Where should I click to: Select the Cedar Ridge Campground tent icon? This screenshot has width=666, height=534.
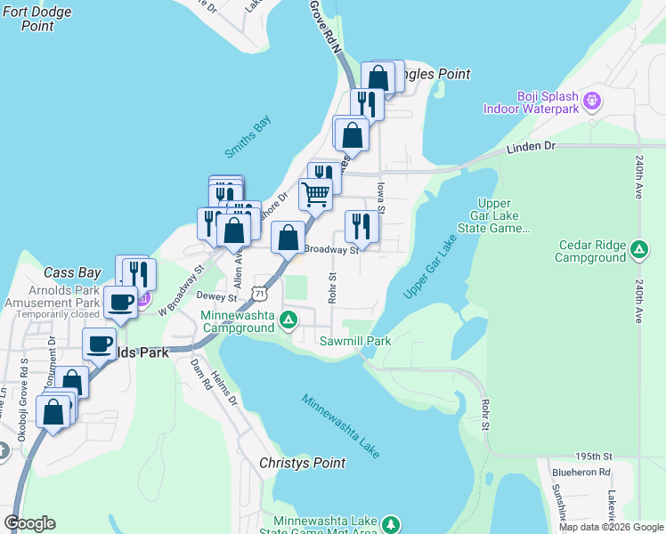coord(638,251)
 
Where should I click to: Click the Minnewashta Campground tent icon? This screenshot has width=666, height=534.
coord(288,320)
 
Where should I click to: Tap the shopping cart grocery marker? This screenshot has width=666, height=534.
coord(315,192)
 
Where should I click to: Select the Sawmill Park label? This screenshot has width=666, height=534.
coord(357,341)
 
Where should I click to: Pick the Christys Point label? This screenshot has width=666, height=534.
coord(301,464)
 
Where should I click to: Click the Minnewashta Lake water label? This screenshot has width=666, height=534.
coord(341,426)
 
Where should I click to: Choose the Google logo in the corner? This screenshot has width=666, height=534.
coord(30,522)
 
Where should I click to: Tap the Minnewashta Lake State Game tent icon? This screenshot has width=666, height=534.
coord(391,526)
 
